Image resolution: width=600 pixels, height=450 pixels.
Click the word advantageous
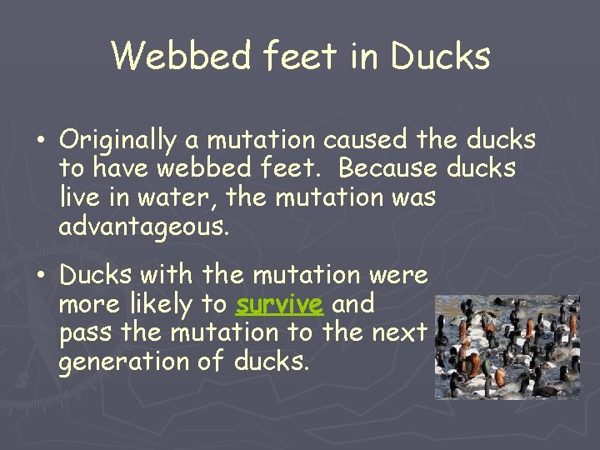tap(142, 227)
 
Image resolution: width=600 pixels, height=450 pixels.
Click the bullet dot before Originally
tap(41, 140)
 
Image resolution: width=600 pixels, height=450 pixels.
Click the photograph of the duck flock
tap(507, 346)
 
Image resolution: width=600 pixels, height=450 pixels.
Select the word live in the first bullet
tap(80, 197)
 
